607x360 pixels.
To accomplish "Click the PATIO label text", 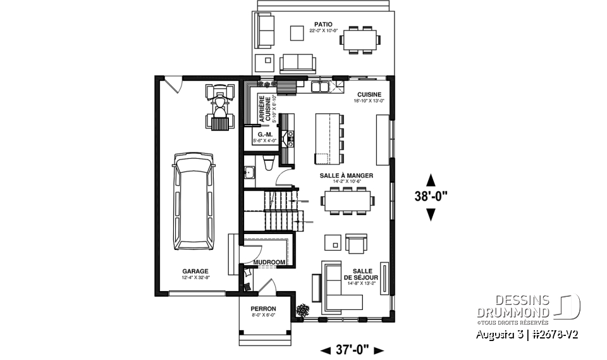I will [x=322, y=25].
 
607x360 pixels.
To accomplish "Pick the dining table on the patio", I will [x=359, y=39].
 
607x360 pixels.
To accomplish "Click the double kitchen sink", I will [x=322, y=87].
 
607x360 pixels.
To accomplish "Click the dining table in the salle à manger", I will [x=347, y=200].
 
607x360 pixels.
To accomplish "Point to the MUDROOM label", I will [x=269, y=261].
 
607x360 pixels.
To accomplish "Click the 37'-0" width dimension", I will [x=352, y=350].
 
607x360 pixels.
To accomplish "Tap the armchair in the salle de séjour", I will [x=356, y=244].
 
